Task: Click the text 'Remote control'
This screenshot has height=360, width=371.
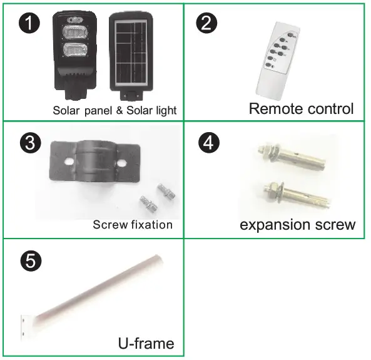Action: click(301, 108)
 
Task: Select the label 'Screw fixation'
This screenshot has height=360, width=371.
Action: click(133, 224)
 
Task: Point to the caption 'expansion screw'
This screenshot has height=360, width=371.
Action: click(297, 224)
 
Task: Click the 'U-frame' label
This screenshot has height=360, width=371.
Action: click(145, 342)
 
